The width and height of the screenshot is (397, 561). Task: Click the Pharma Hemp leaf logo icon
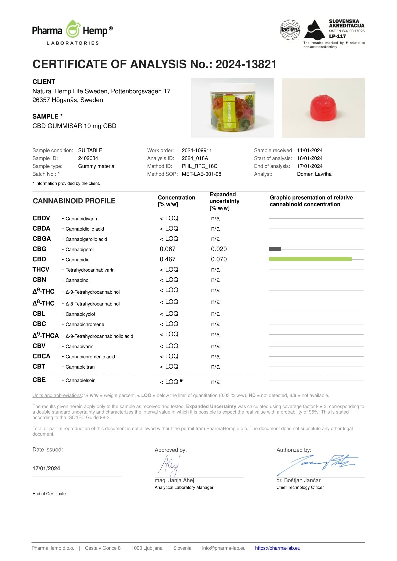coord(73,29)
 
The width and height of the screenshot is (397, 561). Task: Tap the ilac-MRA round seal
coord(290,30)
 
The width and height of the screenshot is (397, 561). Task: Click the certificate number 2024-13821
coord(246,64)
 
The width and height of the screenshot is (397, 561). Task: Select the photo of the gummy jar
coord(232,108)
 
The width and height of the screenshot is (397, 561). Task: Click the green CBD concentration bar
coord(310,259)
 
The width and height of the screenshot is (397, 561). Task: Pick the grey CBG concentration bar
coord(275,249)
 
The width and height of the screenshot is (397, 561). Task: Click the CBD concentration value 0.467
coord(168,259)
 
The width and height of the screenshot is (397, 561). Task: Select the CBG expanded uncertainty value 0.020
coord(219,249)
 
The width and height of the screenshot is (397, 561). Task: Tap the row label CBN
coord(39,280)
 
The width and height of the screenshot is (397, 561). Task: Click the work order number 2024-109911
coord(197,150)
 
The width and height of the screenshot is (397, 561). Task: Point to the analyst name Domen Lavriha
coord(314,174)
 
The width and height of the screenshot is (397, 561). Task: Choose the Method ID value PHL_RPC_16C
coord(199,166)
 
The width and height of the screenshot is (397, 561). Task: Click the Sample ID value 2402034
coord(88,158)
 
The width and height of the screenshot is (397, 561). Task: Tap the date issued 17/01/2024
coord(46,468)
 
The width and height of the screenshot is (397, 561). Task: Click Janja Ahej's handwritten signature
coord(169,465)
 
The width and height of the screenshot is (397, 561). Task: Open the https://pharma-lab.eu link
coord(278,548)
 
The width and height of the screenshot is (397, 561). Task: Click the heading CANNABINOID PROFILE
coord(74,201)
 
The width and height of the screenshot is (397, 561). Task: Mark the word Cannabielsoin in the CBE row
coord(80,380)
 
